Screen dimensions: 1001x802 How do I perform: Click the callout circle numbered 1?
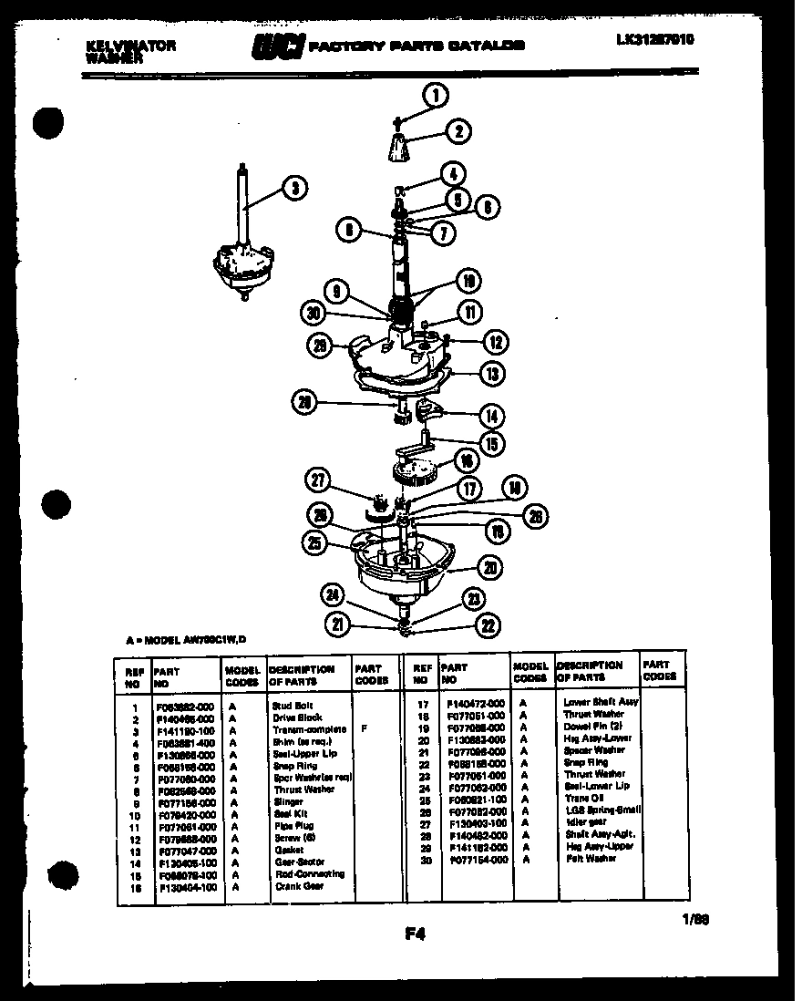(x=436, y=95)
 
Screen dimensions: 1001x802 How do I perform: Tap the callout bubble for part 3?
(x=293, y=189)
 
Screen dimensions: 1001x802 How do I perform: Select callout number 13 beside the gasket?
(x=492, y=373)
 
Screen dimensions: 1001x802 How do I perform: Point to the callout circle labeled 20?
(x=489, y=567)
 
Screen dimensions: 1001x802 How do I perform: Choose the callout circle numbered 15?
(x=493, y=444)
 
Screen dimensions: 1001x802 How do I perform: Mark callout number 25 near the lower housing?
(x=315, y=543)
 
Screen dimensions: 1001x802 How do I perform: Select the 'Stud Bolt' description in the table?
(x=297, y=706)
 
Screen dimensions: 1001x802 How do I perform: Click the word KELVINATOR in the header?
(x=130, y=45)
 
